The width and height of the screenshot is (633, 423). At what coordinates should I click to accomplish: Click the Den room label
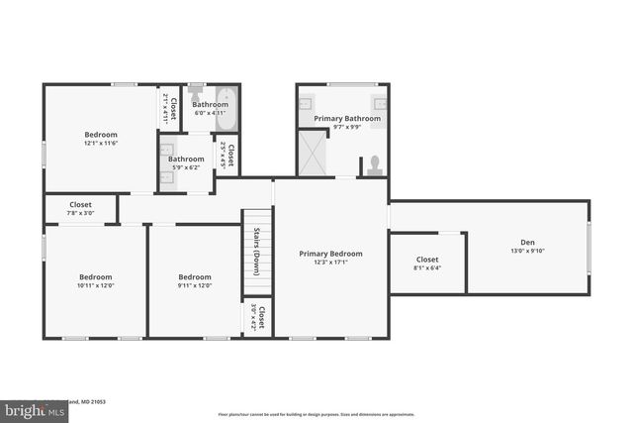click(x=527, y=242)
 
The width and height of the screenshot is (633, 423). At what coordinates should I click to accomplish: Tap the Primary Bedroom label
click(x=330, y=254)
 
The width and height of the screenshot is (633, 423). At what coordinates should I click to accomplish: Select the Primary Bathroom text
click(x=347, y=118)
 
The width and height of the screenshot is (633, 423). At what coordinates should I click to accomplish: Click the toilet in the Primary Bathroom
click(x=374, y=165)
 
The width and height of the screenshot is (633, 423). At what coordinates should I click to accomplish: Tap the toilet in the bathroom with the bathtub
click(x=196, y=92)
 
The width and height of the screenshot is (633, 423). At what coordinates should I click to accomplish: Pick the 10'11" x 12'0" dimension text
click(x=96, y=285)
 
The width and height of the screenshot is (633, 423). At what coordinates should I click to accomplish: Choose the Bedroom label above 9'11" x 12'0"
click(x=195, y=276)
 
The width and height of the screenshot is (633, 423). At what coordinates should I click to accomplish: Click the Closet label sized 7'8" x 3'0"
click(x=80, y=204)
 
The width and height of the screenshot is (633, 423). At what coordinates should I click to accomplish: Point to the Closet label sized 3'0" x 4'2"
click(x=261, y=316)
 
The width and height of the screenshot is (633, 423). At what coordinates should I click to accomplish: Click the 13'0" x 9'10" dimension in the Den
click(x=527, y=251)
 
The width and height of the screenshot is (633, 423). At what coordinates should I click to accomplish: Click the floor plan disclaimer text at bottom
click(x=316, y=414)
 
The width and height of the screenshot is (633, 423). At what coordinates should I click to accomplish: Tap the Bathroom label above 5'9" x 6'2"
click(x=186, y=159)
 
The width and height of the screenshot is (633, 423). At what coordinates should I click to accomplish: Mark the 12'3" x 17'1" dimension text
click(x=330, y=263)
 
